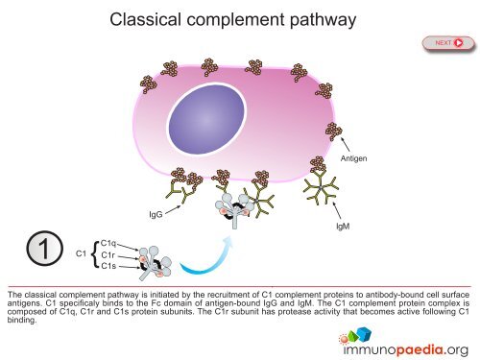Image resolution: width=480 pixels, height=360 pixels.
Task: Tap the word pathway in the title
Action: (x=322, y=19)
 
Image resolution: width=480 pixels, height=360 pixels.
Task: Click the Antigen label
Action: (x=354, y=157)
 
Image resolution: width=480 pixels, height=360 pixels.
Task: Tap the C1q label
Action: (x=108, y=243)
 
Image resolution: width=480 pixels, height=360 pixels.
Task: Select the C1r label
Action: (x=108, y=254)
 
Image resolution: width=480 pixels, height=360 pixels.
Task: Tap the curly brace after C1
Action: (x=94, y=254)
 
